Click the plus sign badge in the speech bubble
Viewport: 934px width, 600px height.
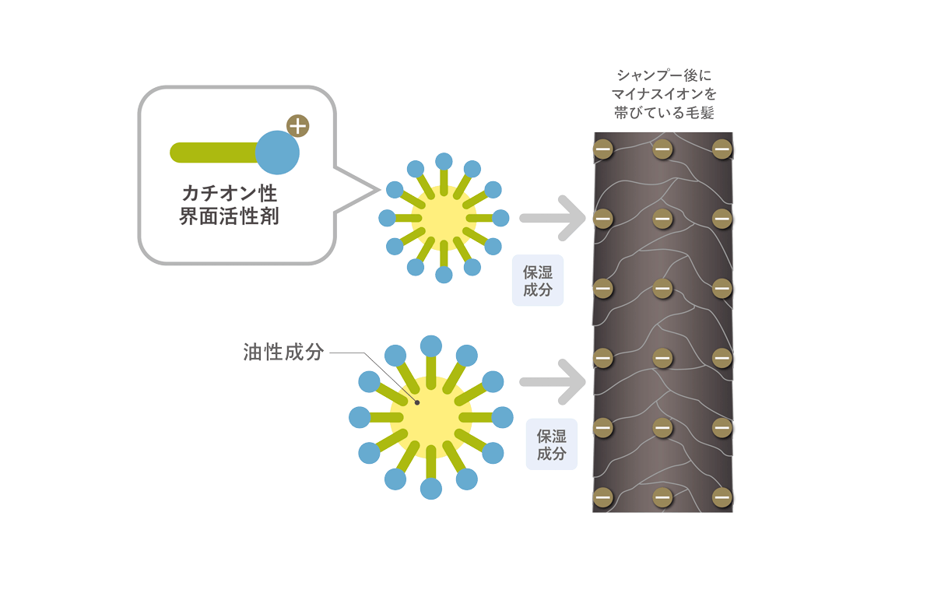[x=297, y=126]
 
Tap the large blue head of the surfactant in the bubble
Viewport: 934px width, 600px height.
[x=277, y=153]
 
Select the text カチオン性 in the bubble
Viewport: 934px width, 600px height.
[x=230, y=194]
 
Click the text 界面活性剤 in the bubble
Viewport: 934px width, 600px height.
[x=230, y=216]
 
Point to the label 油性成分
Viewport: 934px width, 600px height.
[x=283, y=353]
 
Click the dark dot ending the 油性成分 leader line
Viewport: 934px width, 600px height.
[x=417, y=403]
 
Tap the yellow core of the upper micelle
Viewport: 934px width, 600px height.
[x=444, y=218]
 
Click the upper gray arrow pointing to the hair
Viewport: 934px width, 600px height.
[x=553, y=218]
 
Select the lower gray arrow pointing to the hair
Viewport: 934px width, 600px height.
[x=553, y=382]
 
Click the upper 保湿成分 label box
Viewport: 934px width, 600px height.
[x=538, y=281]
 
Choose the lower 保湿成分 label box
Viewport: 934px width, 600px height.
[x=552, y=444]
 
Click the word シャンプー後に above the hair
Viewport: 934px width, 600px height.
[x=664, y=75]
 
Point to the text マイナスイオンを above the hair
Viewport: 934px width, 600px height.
[x=664, y=94]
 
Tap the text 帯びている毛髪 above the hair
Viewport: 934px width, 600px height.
[x=664, y=113]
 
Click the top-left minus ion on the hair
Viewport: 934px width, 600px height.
[x=603, y=149]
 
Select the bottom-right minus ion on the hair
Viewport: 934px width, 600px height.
[x=722, y=497]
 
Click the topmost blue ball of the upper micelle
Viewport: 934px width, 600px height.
[x=444, y=161]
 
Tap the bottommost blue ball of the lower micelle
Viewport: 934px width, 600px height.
[x=431, y=489]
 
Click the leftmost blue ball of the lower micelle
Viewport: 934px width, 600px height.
[x=360, y=417]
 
